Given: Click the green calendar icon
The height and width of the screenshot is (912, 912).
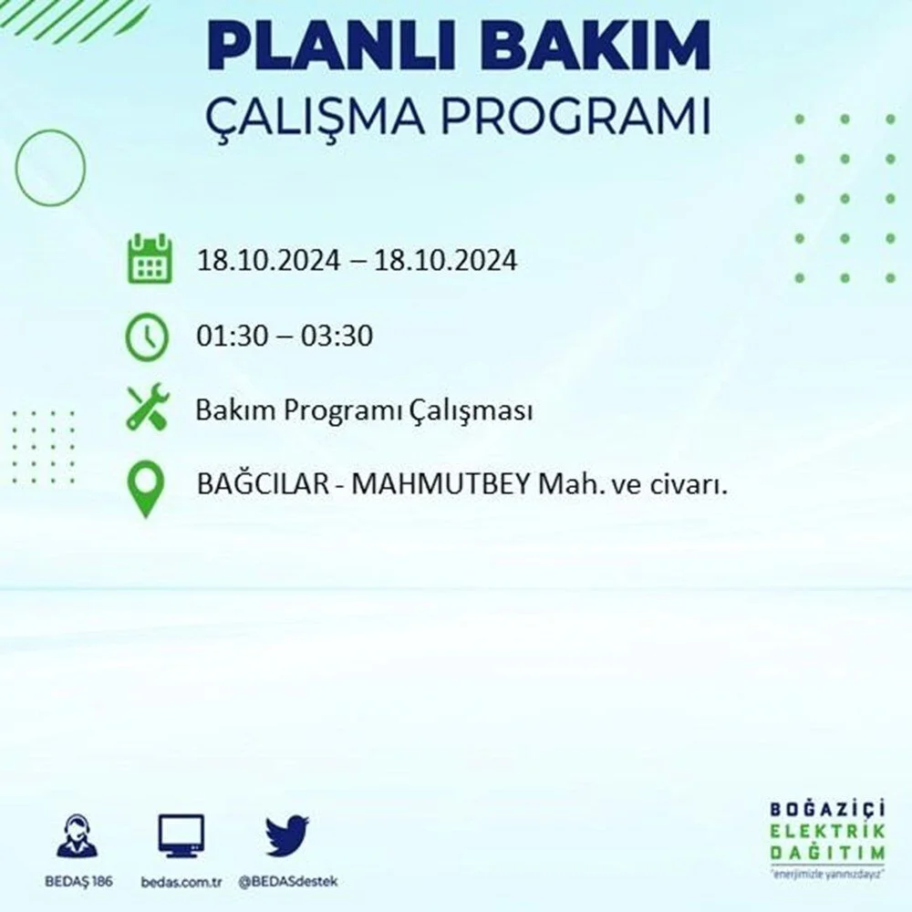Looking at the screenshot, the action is (150, 258).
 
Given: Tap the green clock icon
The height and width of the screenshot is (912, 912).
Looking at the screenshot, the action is (147, 337).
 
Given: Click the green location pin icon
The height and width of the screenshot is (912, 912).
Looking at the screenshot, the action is (145, 487).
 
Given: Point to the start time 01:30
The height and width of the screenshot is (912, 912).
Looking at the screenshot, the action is (233, 336).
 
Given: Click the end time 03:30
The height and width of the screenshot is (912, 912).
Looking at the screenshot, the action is (337, 336).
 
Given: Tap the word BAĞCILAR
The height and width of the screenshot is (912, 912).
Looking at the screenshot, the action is (264, 484).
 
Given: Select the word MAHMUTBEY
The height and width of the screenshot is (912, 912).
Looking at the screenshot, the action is (440, 484).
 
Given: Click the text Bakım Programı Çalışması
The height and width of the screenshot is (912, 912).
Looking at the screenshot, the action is (364, 411).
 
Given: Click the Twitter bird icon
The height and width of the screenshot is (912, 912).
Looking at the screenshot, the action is (287, 835).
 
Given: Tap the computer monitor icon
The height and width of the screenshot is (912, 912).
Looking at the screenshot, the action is (181, 836).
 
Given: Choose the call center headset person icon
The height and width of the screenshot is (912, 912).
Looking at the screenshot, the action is (78, 835).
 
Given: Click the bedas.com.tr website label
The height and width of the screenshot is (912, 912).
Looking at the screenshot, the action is (181, 882).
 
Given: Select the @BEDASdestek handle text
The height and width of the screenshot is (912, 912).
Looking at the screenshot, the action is (288, 882).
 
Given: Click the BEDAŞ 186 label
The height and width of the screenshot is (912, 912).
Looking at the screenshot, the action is (78, 881).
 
